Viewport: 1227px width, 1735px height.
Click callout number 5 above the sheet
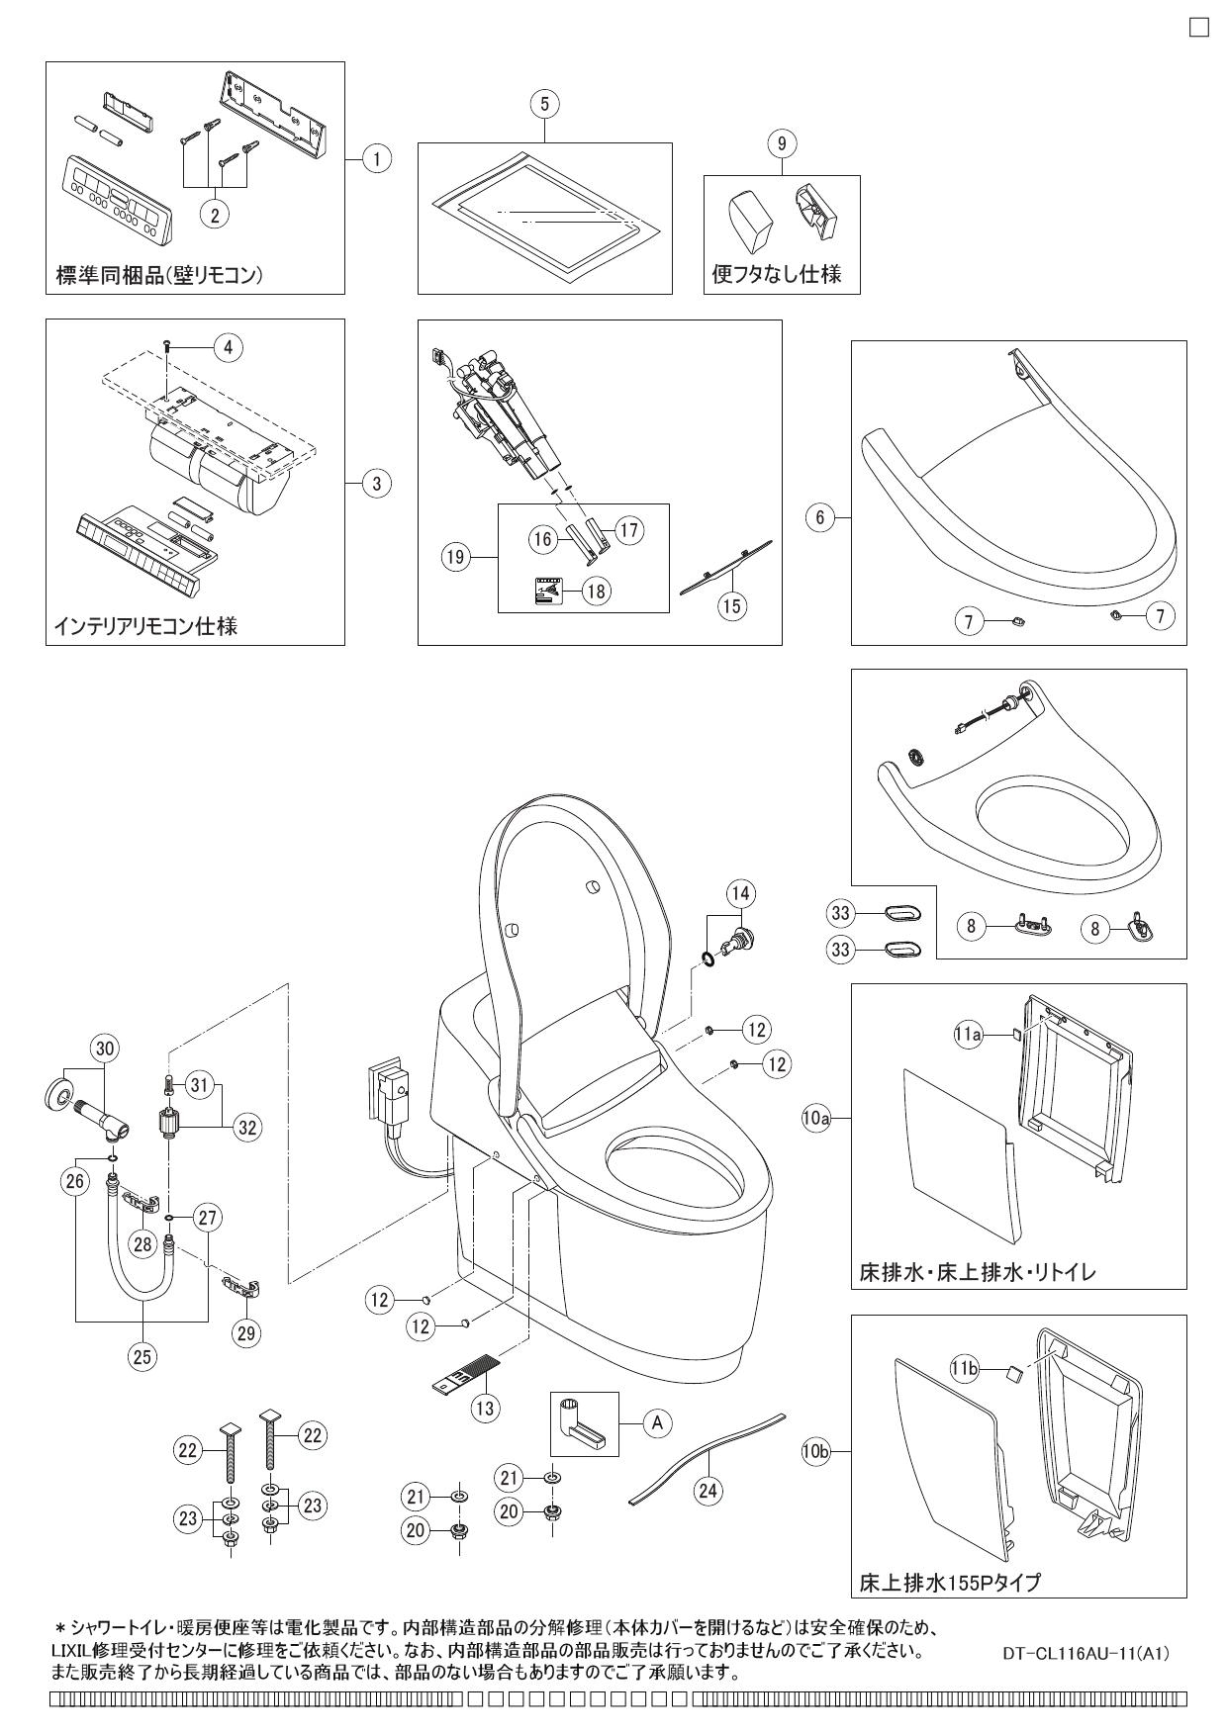[544, 103]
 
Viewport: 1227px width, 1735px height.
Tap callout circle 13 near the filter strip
[484, 1409]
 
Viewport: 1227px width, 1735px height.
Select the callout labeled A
[656, 1422]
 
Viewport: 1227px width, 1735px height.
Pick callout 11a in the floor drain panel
[969, 1035]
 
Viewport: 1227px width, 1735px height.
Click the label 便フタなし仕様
[777, 274]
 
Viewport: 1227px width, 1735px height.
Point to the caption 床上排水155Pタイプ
[949, 1583]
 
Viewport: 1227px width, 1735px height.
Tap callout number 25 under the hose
[142, 1357]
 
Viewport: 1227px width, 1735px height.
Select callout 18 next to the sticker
[595, 591]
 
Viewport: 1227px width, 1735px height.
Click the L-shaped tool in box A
[581, 1424]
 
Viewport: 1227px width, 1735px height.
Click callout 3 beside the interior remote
[376, 483]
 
